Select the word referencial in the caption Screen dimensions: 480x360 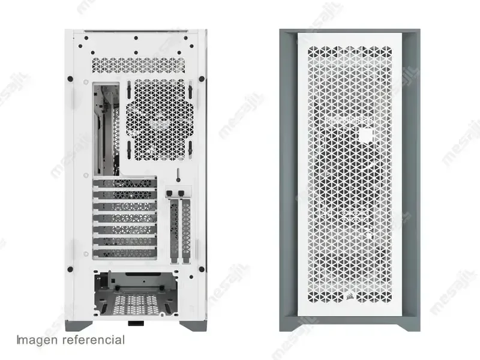point(94,340)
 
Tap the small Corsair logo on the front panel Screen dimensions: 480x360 point(349,296)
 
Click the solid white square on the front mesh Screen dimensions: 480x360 point(366,136)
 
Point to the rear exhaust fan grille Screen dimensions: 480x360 point(160,119)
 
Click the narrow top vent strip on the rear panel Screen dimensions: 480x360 point(138,65)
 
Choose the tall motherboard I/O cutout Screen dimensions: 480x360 point(106,129)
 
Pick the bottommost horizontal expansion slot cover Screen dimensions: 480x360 point(125,253)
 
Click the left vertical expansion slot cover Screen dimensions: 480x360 point(174,230)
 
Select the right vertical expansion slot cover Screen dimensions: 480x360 point(186,230)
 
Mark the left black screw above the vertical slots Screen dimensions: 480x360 point(169,193)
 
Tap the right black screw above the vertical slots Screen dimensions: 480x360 point(181,193)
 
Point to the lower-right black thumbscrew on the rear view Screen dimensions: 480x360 point(202,269)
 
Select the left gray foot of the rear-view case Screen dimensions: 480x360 point(79,326)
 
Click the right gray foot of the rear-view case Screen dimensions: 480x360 point(193,326)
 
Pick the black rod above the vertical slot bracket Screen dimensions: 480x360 point(177,175)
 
